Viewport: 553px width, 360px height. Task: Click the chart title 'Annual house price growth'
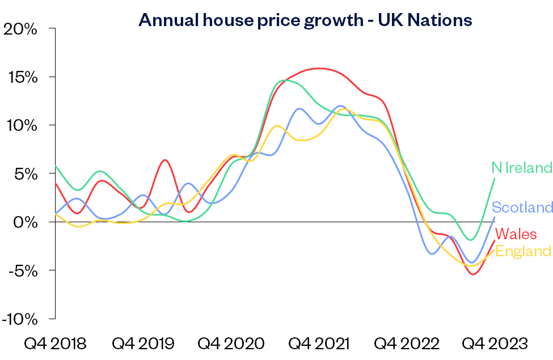pos(305,20)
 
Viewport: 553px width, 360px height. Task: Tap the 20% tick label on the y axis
pos(20,28)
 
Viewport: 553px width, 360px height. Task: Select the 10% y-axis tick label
pos(21,125)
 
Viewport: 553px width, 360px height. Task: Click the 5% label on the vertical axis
pos(25,173)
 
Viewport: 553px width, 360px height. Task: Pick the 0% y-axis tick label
pos(25,222)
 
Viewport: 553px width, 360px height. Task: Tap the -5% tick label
pos(22,270)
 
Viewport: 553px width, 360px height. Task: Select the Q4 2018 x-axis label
pos(55,344)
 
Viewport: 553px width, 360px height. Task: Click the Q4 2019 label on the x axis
pos(143,344)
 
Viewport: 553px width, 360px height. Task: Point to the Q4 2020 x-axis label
pos(231,344)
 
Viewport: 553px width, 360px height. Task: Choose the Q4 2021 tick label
pos(319,344)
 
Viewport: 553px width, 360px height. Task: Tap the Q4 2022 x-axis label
pos(407,344)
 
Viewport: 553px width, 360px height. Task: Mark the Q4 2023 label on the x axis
pos(495,344)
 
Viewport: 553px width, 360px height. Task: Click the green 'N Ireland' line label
pos(521,168)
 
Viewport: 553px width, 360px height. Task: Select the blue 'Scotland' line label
pos(522,207)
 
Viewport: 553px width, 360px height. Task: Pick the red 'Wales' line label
pos(516,234)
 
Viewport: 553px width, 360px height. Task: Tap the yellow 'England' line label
pos(524,251)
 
